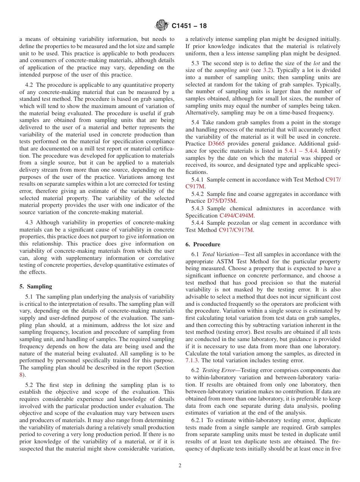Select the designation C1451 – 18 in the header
click(189, 26)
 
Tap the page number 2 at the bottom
click(180, 466)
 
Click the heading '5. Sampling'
click(36, 286)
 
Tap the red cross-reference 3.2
click(267, 70)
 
